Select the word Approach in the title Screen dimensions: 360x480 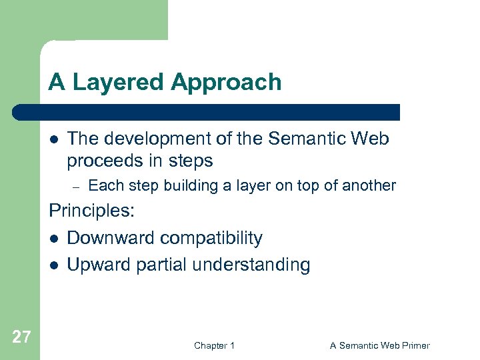tap(226, 83)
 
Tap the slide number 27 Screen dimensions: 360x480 tap(21, 337)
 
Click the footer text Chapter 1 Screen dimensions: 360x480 tap(214, 345)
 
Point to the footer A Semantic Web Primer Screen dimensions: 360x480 tap(379, 345)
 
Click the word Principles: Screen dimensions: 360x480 tap(92, 212)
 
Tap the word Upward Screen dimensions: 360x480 tap(98, 265)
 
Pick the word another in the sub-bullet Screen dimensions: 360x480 tap(371, 185)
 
